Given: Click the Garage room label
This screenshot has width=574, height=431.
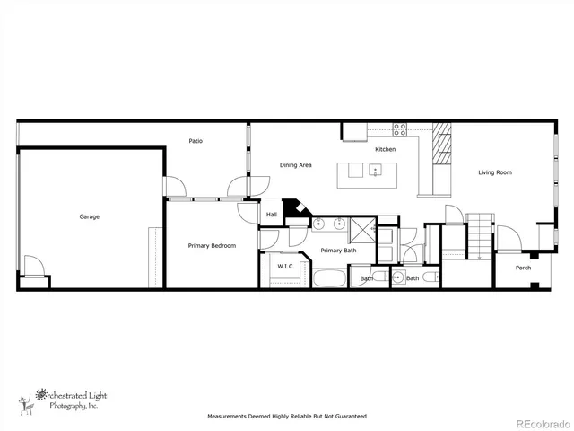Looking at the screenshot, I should (x=89, y=216).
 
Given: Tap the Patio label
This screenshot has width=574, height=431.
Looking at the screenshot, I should (x=195, y=141).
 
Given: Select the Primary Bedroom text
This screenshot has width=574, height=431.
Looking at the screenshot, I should (x=212, y=245).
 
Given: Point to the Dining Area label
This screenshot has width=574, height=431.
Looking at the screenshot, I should (x=295, y=165).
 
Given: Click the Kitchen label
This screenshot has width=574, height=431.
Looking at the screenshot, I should (x=385, y=149).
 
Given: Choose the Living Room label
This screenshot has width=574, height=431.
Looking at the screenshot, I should (x=494, y=172).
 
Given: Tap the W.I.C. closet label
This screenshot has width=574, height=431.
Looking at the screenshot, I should (x=285, y=266).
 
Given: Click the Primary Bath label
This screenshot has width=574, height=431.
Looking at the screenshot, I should (x=338, y=251).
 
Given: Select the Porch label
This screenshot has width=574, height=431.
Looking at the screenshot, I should (x=523, y=268).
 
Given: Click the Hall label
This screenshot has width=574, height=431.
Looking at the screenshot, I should (x=272, y=215).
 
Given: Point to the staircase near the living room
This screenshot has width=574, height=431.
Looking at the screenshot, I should (x=481, y=235).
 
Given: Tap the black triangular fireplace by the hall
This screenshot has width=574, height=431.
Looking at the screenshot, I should (x=291, y=211).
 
